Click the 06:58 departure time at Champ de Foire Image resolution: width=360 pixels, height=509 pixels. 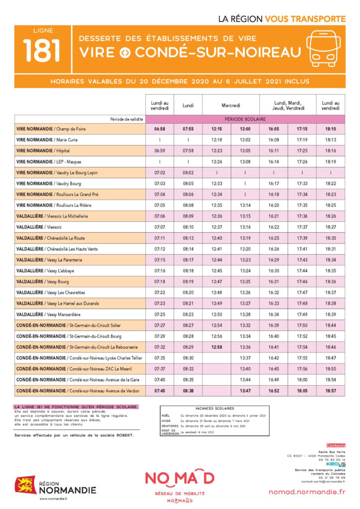pos(159,129)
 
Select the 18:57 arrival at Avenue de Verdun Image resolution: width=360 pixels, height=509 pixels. pos(331,391)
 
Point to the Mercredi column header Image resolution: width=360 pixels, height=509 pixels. pos(231,105)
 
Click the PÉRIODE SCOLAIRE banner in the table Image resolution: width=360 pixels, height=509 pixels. pos(245,119)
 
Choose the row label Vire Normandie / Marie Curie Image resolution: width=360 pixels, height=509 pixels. pos(47,140)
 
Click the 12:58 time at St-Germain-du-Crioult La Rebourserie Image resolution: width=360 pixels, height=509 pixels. pos(216,347)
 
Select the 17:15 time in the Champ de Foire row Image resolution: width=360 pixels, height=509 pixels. pos(302,129)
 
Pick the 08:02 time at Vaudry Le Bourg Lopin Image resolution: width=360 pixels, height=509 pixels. pos(188,172)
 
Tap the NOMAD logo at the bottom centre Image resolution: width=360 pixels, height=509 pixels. pos(180,478)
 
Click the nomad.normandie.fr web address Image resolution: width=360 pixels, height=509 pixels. pos(306,492)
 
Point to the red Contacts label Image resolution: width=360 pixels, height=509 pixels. pos(336,445)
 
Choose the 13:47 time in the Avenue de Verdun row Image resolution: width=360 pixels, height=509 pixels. pos(245,391)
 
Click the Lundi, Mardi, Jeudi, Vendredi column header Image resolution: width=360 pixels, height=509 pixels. pos(288,105)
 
